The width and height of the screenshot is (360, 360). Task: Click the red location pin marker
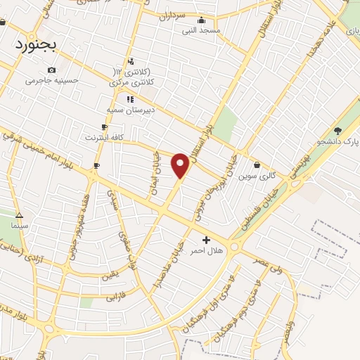click(x=181, y=165)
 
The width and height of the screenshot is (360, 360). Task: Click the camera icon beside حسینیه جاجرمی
click(x=51, y=70)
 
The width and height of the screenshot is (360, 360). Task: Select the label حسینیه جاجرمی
click(x=50, y=80)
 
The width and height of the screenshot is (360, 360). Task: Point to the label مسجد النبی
click(x=201, y=30)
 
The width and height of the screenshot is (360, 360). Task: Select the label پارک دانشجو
click(x=336, y=144)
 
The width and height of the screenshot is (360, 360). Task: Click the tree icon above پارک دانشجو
click(x=338, y=131)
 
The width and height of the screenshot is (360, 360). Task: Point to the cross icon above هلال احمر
click(x=206, y=240)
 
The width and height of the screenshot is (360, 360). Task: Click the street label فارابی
click(x=115, y=295)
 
